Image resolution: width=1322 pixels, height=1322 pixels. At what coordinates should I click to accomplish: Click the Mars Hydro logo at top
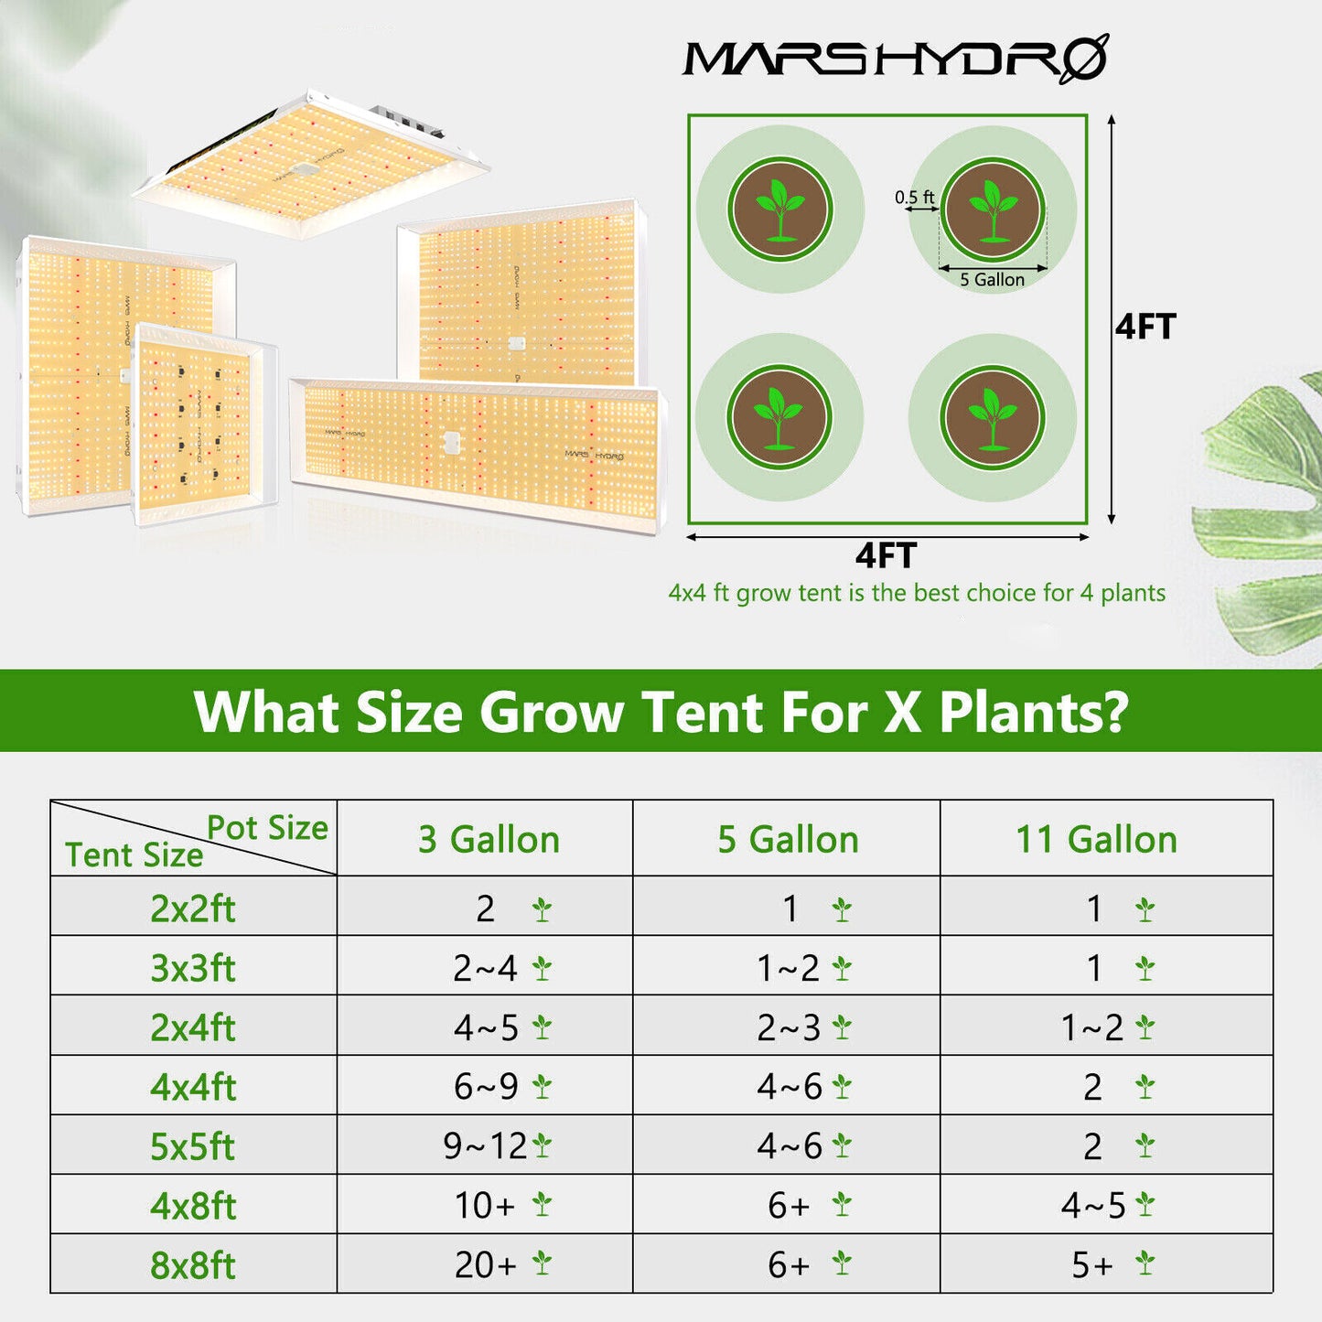895,59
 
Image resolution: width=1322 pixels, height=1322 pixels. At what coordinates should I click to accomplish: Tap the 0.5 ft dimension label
914,197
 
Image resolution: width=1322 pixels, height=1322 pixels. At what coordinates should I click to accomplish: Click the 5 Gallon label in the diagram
992,280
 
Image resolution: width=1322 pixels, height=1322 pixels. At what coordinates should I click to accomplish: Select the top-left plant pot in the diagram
779,210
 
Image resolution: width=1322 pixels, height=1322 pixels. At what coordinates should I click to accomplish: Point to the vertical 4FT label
1145,327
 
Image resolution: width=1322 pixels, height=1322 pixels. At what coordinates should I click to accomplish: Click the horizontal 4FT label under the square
886,555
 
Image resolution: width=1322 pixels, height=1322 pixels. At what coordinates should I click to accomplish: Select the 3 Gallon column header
489,839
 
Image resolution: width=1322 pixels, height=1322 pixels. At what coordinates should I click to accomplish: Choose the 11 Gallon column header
1096,839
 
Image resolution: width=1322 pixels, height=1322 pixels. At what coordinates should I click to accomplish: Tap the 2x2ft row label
193,908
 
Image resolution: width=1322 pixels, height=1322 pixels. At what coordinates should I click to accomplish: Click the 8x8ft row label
193,1265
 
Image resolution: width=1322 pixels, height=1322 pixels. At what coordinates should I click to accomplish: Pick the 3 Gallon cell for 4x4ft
486,1087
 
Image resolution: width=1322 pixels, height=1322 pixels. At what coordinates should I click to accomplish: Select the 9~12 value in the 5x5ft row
486,1146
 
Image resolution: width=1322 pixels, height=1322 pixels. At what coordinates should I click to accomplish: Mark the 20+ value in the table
486,1265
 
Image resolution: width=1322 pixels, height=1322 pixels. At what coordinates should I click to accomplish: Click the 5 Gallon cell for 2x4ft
789,1027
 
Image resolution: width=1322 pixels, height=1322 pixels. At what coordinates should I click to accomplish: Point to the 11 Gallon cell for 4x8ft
1094,1206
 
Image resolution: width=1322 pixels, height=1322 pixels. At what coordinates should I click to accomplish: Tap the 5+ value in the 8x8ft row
1093,1265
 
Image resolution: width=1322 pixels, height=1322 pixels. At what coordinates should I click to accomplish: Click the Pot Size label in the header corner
267,827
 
